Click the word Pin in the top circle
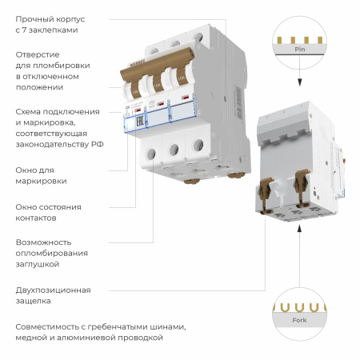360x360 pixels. tap(300, 50)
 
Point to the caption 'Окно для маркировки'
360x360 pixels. tap(41, 175)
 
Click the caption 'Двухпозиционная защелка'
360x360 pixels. tap(53, 295)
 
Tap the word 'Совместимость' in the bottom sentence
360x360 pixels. tap(50, 326)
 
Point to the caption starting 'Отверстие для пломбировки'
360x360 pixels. tap(48, 70)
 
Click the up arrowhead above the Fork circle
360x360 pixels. tap(299, 231)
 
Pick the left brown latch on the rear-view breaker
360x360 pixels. tap(266, 189)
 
